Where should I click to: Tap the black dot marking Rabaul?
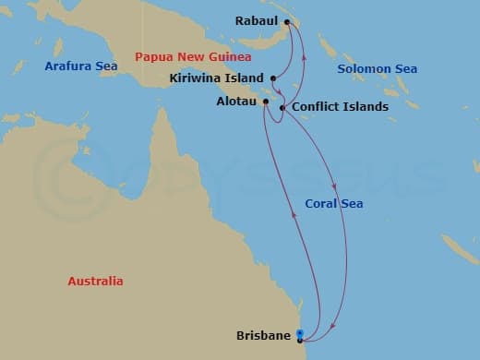tap(287, 22)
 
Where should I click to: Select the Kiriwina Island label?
tap(217, 78)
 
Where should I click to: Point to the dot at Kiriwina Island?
tap(273, 78)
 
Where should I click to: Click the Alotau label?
tap(234, 102)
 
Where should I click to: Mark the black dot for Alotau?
tap(265, 102)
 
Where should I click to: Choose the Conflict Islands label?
tap(340, 107)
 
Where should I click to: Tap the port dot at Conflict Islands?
tap(282, 108)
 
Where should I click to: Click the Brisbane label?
tap(263, 336)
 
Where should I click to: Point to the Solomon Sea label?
tap(377, 69)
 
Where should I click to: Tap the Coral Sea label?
tap(334, 204)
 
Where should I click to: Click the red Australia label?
tap(95, 282)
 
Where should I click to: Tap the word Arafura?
tap(66, 66)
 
